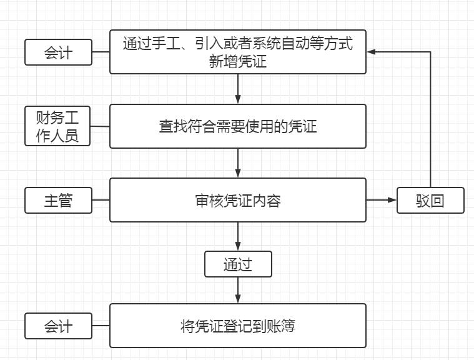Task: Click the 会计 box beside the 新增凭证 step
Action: click(58, 52)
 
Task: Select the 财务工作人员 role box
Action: click(57, 126)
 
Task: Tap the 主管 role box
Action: click(58, 201)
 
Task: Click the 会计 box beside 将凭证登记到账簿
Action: click(58, 326)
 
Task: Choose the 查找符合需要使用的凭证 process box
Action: click(237, 126)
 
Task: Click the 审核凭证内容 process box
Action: click(237, 200)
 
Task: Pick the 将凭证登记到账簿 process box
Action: click(237, 326)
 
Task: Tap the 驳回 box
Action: click(430, 201)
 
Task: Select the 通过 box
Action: click(238, 264)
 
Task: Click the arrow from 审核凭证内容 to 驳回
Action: click(381, 200)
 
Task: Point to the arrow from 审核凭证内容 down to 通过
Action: click(238, 236)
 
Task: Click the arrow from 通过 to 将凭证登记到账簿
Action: click(238, 290)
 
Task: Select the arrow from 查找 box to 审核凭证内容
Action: click(238, 163)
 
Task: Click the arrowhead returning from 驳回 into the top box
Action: click(372, 52)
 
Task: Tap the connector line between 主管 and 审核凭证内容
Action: click(101, 201)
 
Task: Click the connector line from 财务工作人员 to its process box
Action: click(100, 126)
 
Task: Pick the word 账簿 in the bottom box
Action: click(282, 326)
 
